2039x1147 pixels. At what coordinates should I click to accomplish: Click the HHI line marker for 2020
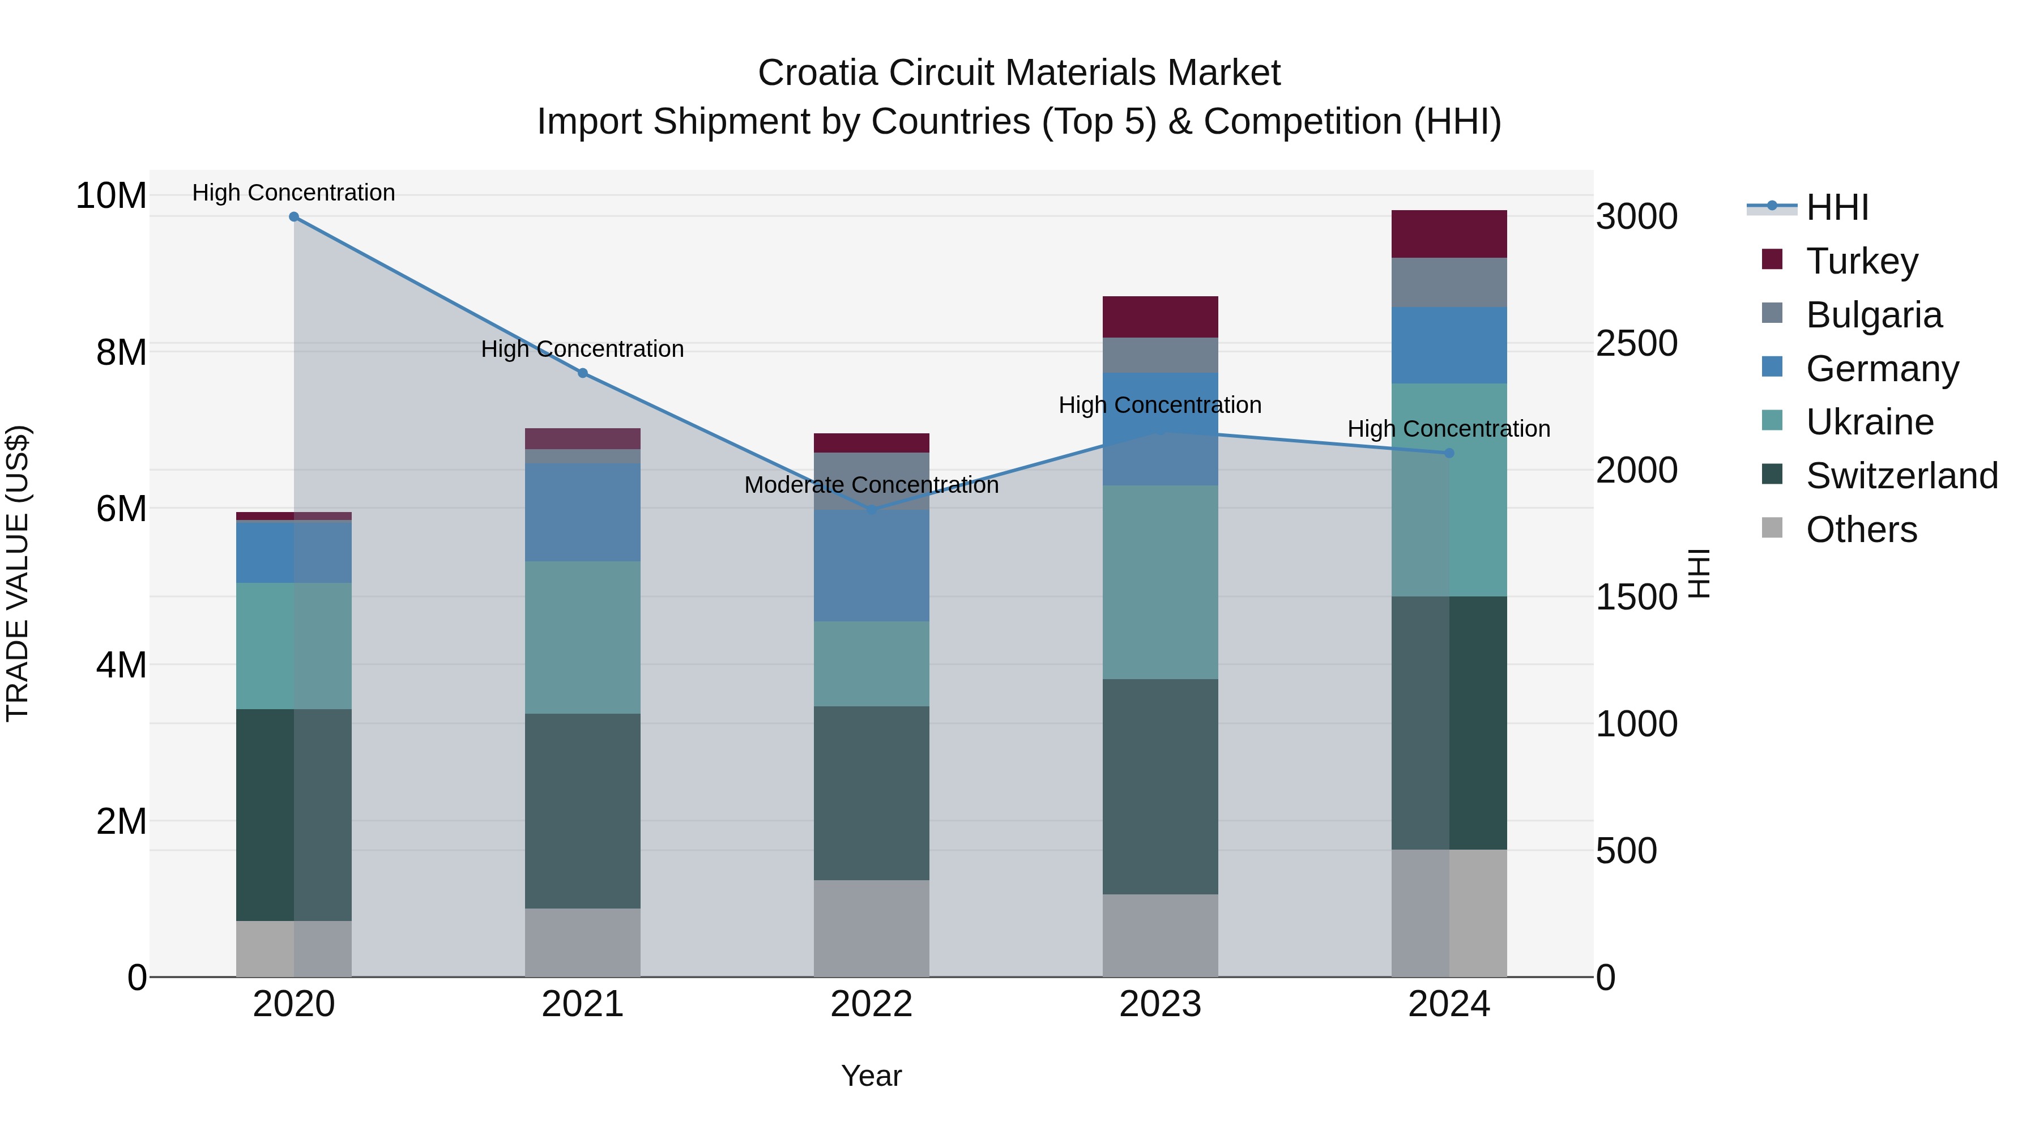coord(293,217)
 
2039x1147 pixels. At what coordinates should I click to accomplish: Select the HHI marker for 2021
coord(583,373)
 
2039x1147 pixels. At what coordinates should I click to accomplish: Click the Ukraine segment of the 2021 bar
coord(583,637)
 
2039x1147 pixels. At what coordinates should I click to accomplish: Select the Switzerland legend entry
coord(1901,476)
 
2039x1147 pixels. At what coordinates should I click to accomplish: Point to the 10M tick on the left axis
coord(111,195)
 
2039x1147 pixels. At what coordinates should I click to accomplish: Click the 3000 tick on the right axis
coord(1636,216)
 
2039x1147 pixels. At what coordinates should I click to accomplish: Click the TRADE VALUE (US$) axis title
coord(18,573)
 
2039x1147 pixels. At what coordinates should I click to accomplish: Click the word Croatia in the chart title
coord(818,73)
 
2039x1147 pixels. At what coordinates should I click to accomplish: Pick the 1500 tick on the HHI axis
coord(1636,597)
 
